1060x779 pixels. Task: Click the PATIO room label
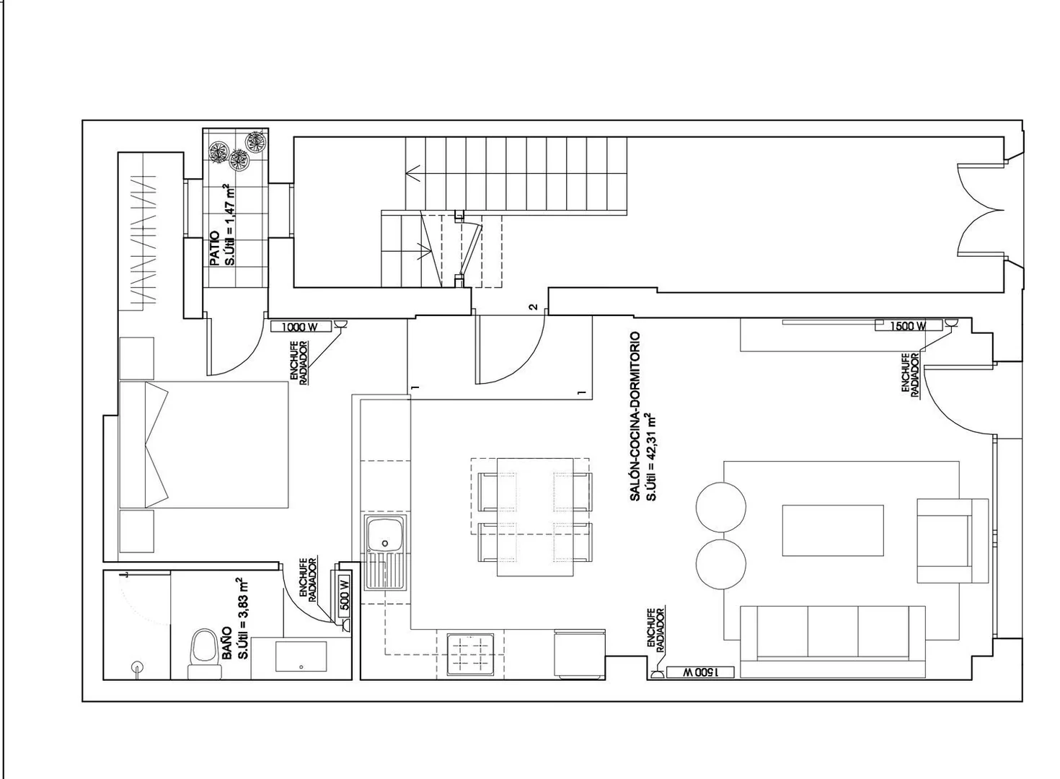[x=214, y=248]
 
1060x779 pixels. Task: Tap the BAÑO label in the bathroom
[x=226, y=643]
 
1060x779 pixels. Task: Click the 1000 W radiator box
[x=301, y=327]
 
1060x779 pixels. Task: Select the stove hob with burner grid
[x=470, y=655]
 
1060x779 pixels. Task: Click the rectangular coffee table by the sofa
[x=833, y=530]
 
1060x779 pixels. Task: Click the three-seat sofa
[x=833, y=642]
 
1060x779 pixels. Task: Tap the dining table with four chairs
[x=535, y=517]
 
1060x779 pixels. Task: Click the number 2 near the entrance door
[x=534, y=307]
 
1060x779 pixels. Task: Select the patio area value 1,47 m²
[x=231, y=224]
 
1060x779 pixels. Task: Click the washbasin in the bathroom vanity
[x=301, y=656]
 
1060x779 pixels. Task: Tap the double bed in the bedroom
[x=204, y=445]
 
